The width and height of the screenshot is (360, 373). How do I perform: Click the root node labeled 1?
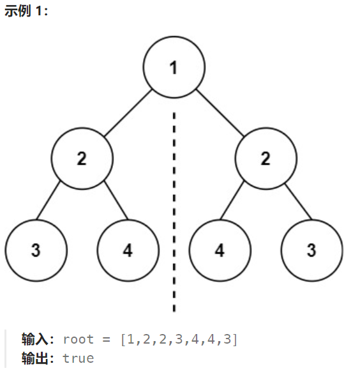[x=174, y=68]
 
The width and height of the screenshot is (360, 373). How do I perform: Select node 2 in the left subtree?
[x=82, y=159]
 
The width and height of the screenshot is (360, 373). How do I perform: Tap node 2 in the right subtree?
[x=266, y=159]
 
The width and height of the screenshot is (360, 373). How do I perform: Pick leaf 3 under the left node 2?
[x=36, y=250]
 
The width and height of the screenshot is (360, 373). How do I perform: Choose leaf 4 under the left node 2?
[x=128, y=250]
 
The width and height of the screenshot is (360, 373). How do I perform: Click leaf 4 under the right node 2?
[x=220, y=250]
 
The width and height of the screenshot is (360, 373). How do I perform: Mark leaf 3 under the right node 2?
[x=311, y=250]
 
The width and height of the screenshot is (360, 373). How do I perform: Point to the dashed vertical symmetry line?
[x=174, y=211]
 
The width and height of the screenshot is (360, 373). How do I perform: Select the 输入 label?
[x=37, y=339]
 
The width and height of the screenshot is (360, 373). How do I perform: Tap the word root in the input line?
[x=78, y=339]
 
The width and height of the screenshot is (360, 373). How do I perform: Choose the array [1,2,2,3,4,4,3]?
[x=179, y=339]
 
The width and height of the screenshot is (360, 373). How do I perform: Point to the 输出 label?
[x=37, y=358]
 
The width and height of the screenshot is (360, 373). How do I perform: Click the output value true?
[x=78, y=358]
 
